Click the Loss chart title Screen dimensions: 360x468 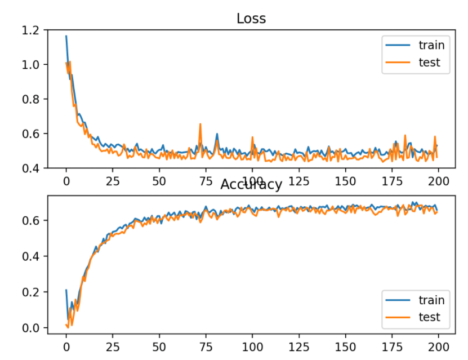tap(251, 18)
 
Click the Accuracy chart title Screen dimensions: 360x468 tap(251, 184)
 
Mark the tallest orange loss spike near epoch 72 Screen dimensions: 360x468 tap(200, 125)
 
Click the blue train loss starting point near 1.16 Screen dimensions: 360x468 tap(66, 37)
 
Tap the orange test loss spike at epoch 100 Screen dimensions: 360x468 tap(252, 137)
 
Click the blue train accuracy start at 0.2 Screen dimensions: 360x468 tap(66, 290)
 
